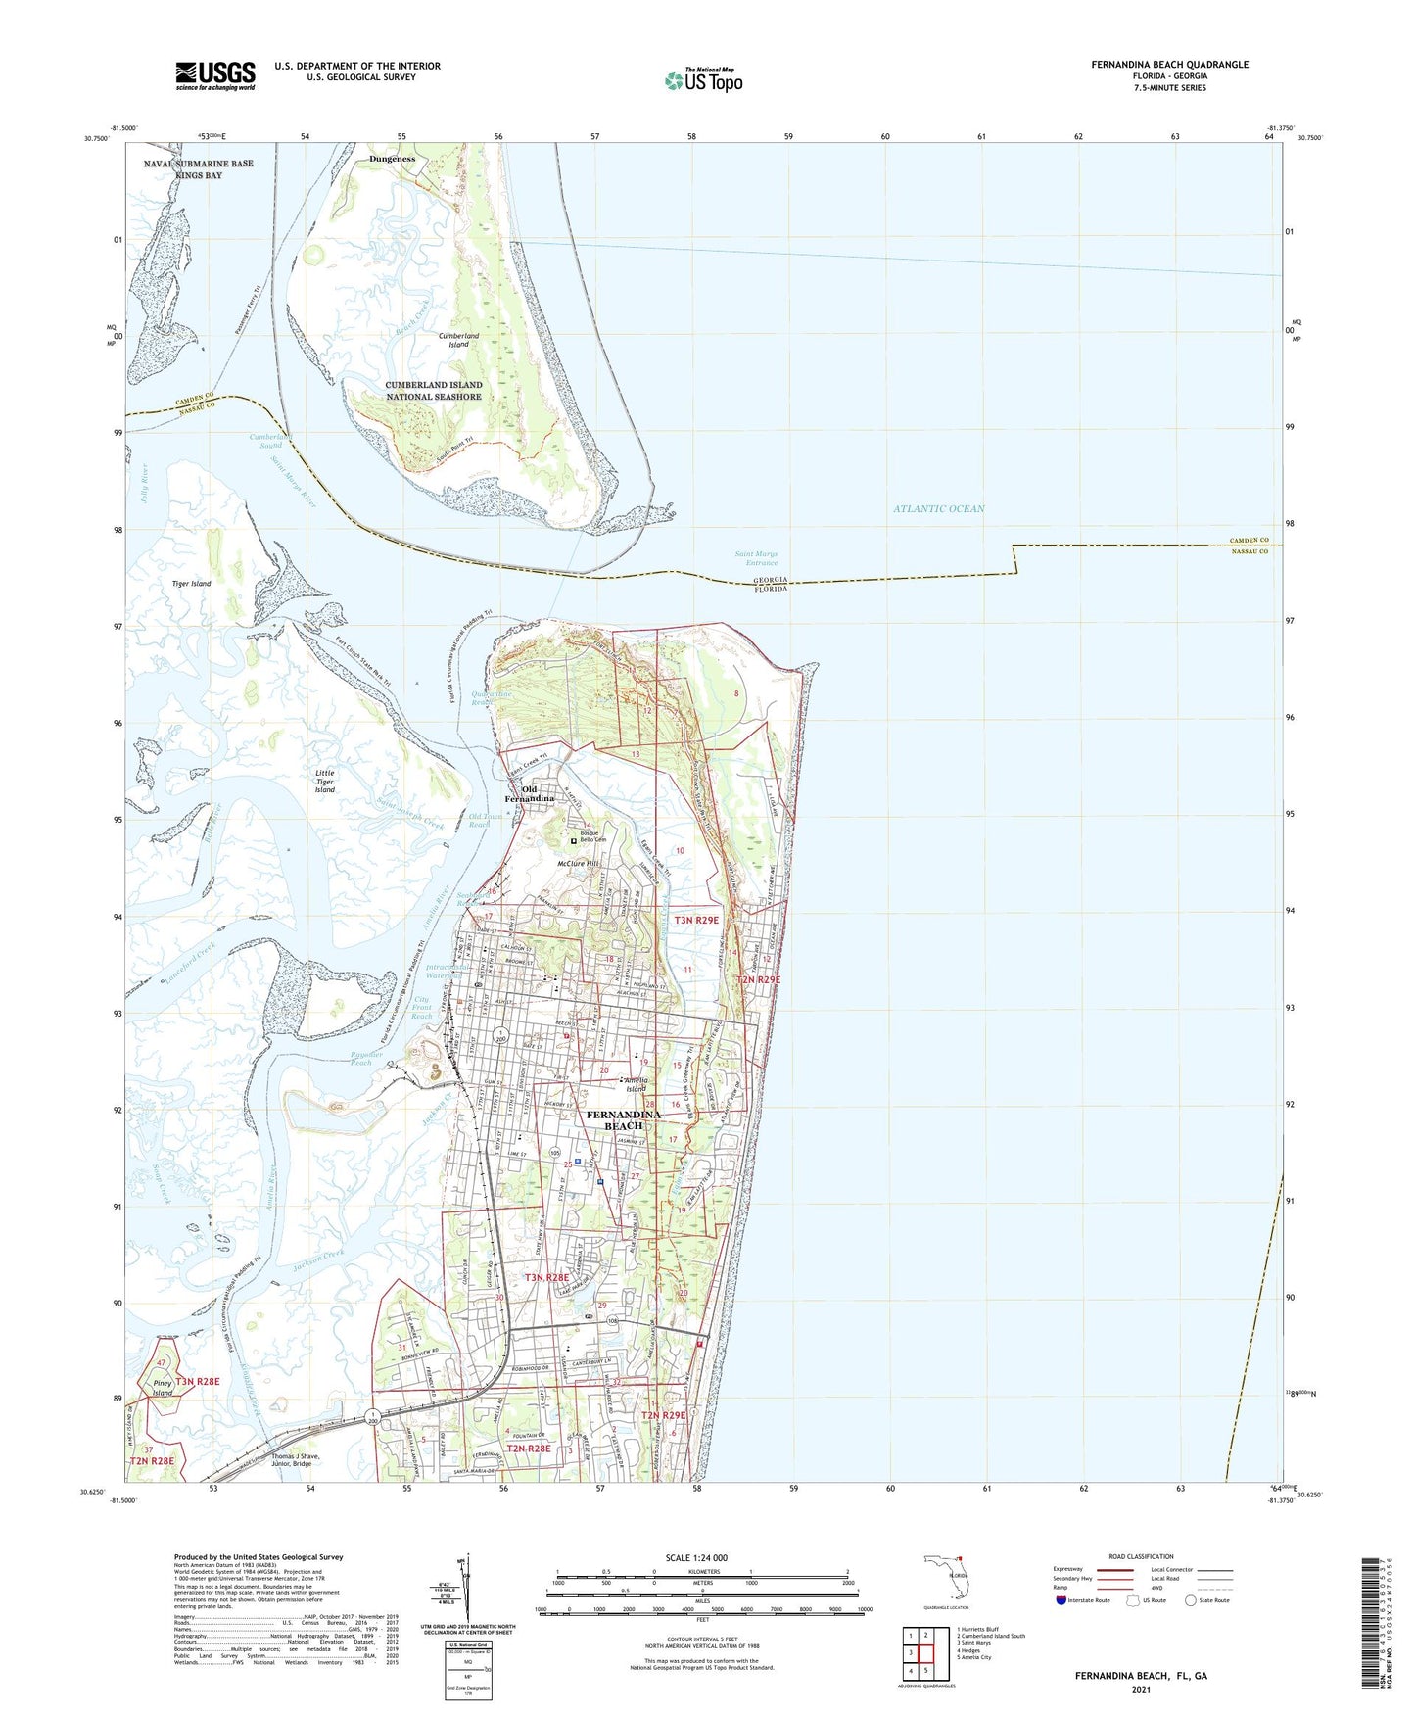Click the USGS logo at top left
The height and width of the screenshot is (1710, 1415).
(215, 75)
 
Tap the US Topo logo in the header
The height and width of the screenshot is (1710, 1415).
(703, 80)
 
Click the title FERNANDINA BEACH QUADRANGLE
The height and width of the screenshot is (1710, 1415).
(1169, 65)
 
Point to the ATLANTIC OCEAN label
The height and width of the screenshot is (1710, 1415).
(938, 509)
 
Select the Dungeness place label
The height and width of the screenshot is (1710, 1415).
(392, 159)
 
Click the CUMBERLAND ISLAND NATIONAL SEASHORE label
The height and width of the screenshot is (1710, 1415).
(433, 391)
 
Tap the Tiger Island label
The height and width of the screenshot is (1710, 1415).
(191, 584)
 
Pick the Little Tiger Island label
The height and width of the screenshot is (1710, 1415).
(325, 781)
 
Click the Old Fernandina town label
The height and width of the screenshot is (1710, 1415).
(537, 793)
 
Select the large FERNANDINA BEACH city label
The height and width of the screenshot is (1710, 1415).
(623, 1119)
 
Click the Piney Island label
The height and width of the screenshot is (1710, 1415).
(163, 1388)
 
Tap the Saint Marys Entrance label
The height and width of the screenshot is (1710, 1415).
(756, 558)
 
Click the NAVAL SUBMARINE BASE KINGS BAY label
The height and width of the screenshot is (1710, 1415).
(198, 169)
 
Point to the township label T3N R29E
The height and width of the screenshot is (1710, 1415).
(695, 920)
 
